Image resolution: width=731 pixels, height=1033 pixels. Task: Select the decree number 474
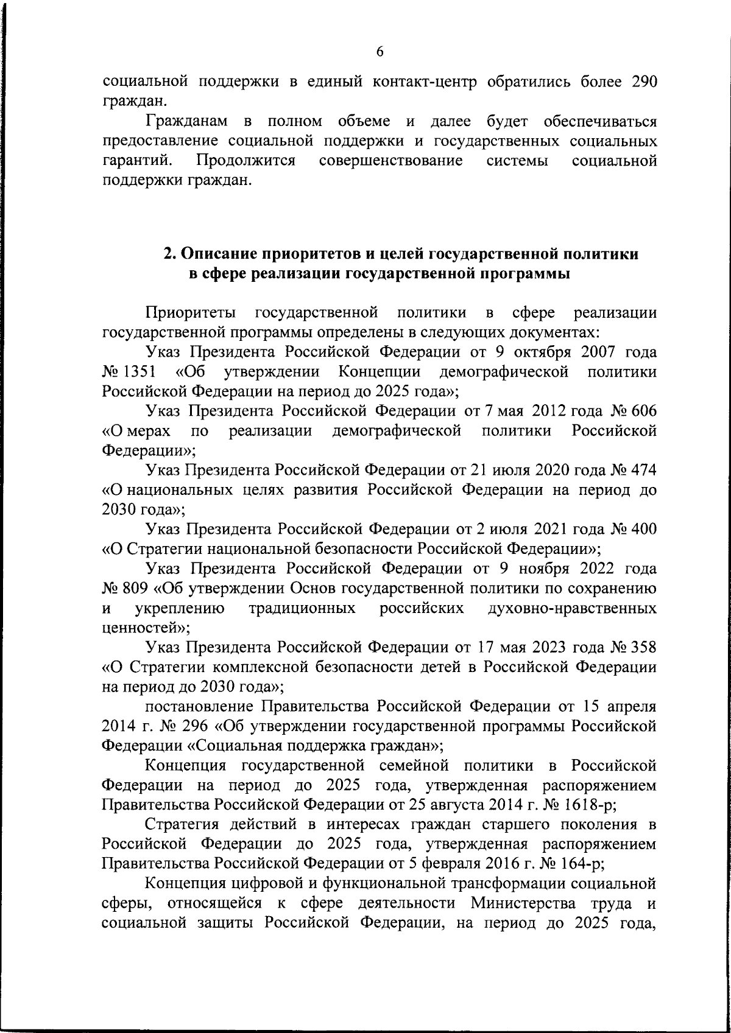(643, 471)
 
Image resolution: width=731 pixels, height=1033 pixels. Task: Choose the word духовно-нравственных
(572, 608)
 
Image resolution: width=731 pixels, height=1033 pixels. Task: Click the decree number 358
(643, 648)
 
